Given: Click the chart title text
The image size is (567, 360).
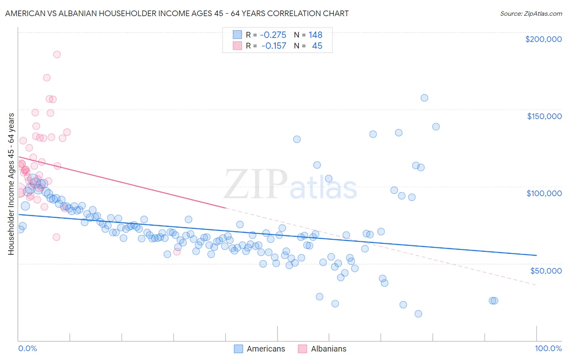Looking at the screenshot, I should click(177, 13).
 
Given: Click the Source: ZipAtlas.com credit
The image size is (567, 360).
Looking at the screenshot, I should click(531, 13).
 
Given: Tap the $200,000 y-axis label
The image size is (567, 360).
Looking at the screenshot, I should click(543, 39).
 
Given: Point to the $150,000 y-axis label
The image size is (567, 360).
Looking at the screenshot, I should click(544, 116).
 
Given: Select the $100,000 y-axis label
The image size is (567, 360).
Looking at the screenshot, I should click(544, 193).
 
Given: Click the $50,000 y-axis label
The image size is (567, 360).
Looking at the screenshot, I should click(546, 270).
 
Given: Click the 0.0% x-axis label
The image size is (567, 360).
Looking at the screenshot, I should click(27, 348).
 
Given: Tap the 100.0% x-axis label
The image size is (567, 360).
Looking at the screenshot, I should click(548, 348).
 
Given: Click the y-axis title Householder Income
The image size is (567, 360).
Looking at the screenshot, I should click(11, 184).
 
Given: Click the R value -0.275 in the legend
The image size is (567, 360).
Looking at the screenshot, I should click(273, 35).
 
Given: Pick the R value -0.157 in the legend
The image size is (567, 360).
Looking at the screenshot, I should click(274, 46).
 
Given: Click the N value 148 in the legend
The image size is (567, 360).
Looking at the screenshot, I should click(315, 35).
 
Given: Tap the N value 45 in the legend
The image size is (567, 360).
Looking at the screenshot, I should click(317, 46).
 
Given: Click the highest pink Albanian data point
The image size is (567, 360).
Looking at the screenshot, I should click(57, 54).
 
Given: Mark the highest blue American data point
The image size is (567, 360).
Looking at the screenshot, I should click(424, 98).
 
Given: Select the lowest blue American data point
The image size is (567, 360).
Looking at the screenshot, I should click(418, 314).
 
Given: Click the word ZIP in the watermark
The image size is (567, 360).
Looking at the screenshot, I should click(256, 185).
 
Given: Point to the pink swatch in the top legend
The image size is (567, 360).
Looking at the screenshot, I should click(238, 46).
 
